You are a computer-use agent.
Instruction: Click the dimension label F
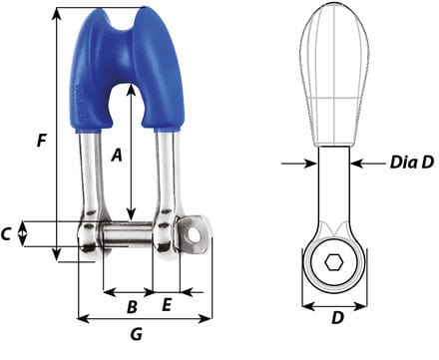pyautogui.click(x=40, y=141)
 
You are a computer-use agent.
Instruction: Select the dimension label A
pyautogui.click(x=116, y=155)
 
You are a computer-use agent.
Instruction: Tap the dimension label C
pyautogui.click(x=8, y=235)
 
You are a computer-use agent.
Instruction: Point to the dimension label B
pyautogui.click(x=132, y=306)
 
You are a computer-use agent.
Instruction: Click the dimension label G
pyautogui.click(x=137, y=335)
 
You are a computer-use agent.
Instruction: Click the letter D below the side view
pyautogui.click(x=337, y=320)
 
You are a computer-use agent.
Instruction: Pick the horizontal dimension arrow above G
pyautogui.click(x=145, y=320)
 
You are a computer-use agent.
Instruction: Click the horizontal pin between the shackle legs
pyautogui.click(x=130, y=236)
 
